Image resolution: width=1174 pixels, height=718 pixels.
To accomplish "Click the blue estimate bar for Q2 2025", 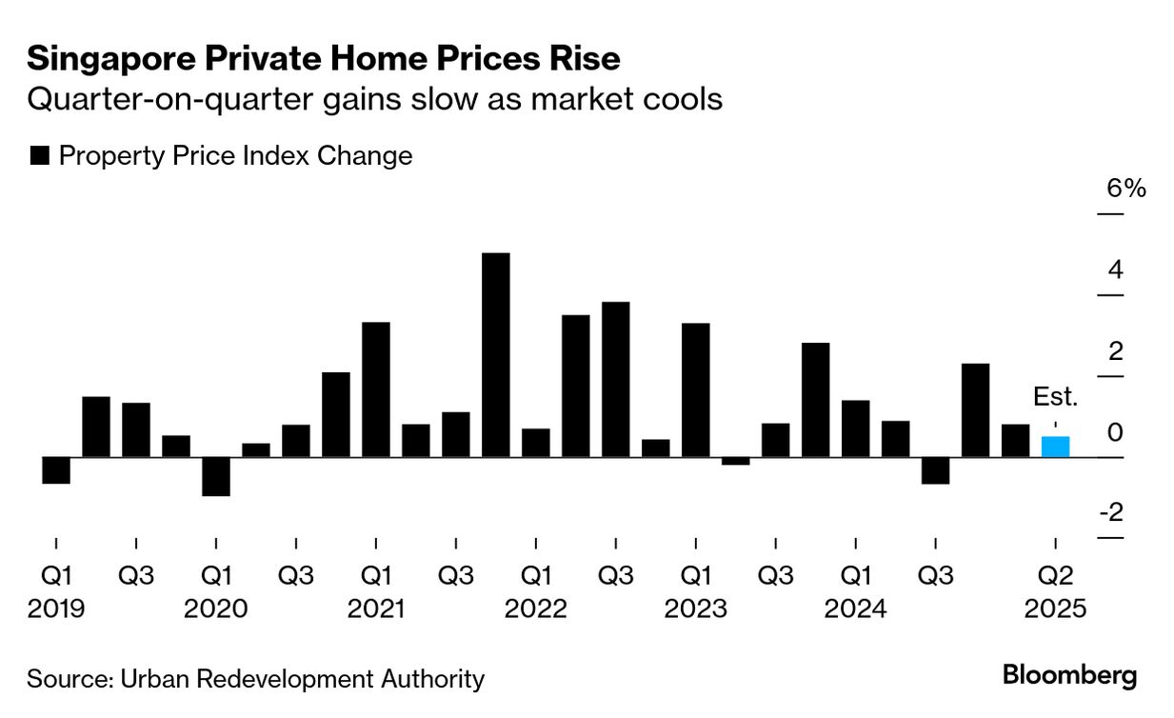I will pyautogui.click(x=1055, y=447).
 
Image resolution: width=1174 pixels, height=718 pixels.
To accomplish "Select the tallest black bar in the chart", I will pyautogui.click(x=495, y=354).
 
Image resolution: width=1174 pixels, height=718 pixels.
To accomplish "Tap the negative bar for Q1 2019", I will pyautogui.click(x=56, y=470).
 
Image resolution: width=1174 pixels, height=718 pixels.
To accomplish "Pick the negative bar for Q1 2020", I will pyautogui.click(x=216, y=476).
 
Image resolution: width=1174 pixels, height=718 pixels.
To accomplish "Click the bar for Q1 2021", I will pyautogui.click(x=376, y=389).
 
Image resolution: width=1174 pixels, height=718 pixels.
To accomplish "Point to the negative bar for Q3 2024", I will pyautogui.click(x=935, y=470).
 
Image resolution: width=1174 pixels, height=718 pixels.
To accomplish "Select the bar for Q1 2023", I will pyautogui.click(x=695, y=389).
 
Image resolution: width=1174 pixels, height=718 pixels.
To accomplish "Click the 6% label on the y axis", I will pyautogui.click(x=1124, y=189).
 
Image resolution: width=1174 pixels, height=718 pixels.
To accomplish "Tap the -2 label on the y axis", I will pyautogui.click(x=1110, y=513).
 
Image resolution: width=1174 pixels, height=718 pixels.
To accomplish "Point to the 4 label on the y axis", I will pyautogui.click(x=1115, y=270).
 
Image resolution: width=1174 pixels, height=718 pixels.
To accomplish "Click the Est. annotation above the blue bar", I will pyautogui.click(x=1055, y=397).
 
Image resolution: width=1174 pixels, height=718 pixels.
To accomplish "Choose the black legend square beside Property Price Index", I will pyautogui.click(x=40, y=157).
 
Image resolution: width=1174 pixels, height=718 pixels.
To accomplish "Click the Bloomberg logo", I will pyautogui.click(x=1069, y=676).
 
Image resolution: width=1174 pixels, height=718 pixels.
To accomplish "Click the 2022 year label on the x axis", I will pyautogui.click(x=535, y=608).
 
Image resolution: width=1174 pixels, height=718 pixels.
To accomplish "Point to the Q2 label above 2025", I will pyautogui.click(x=1055, y=576).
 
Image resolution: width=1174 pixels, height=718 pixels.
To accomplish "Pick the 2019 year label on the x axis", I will pyautogui.click(x=56, y=608).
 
